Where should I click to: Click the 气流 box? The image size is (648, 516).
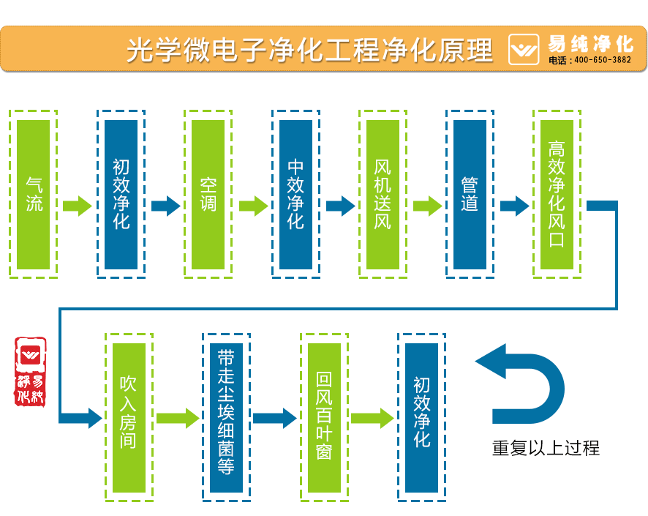point(34,194)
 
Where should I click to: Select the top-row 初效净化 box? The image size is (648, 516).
point(121,194)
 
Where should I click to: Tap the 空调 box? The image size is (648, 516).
point(208,194)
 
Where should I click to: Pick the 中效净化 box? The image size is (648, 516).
point(295,194)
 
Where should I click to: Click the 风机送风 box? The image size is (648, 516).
point(383,194)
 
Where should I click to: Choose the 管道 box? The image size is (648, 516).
point(470,194)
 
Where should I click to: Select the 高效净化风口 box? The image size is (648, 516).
point(557,194)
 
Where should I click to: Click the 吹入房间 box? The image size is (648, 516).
point(129,417)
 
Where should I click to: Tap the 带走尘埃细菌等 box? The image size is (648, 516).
point(226,417)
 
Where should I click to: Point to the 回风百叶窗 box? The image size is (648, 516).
point(324,417)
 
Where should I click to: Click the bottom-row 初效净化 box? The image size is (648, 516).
point(421,417)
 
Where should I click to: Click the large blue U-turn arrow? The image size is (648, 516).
point(527,384)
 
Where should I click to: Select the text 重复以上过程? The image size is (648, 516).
point(546,448)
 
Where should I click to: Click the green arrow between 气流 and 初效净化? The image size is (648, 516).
point(77,206)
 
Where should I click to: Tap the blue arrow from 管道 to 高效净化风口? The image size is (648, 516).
point(514,206)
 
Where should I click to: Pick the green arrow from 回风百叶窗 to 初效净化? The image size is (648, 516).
point(372,419)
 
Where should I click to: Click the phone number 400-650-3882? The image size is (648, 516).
point(602,60)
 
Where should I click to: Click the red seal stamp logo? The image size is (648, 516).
point(31,372)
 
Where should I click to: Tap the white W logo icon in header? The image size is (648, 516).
point(524,50)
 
